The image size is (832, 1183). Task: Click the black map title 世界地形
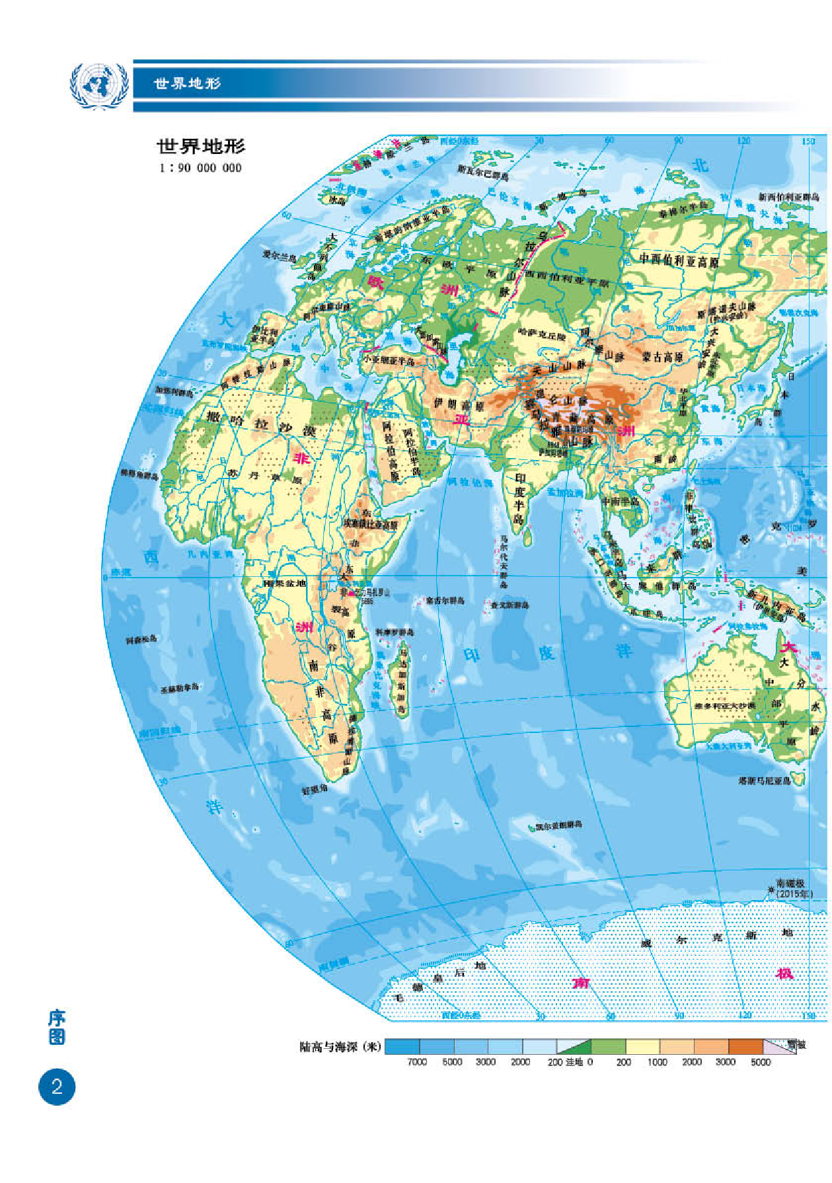[201, 146]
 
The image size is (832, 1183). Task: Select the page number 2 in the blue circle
[57, 1087]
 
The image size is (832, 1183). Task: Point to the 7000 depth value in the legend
[417, 1062]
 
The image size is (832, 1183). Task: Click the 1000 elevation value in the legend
[657, 1062]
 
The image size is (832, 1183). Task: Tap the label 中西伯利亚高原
[679, 260]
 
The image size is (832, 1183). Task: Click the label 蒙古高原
[662, 357]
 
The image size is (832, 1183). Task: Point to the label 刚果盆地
[285, 583]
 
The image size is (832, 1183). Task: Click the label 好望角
[315, 789]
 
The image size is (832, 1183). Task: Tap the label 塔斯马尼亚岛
[765, 781]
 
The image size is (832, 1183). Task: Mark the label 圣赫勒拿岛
[179, 689]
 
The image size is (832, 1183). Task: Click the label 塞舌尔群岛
[445, 600]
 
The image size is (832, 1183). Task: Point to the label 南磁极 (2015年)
[793, 888]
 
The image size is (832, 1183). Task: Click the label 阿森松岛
[142, 639]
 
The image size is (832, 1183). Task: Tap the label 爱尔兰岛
[280, 256]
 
